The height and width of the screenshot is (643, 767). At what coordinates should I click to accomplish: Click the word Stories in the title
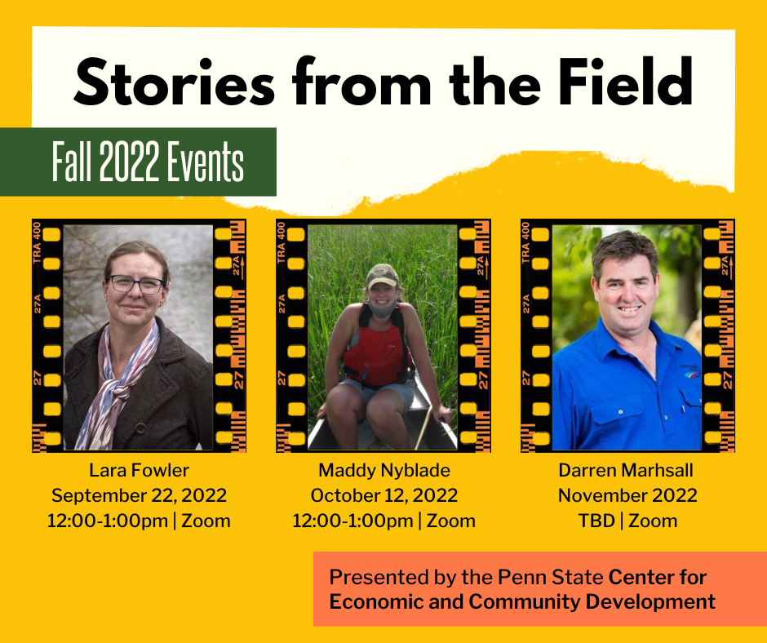point(174,82)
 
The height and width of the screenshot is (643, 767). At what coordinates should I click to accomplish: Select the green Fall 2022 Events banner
point(138,162)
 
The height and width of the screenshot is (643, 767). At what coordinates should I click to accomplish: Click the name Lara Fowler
point(139,470)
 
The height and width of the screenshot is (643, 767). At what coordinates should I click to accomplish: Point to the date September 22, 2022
point(139,495)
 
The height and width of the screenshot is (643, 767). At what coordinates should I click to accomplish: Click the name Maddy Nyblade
point(384,471)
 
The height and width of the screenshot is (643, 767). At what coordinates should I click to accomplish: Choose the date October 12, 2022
point(384,495)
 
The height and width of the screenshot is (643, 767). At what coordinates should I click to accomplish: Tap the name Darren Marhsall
point(626,470)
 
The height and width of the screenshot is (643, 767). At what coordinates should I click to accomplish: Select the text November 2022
point(627,495)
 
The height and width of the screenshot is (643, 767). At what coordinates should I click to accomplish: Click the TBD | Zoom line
point(627,521)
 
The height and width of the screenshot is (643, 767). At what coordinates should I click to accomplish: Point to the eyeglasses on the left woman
point(136,284)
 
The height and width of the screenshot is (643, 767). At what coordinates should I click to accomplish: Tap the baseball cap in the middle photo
point(382,276)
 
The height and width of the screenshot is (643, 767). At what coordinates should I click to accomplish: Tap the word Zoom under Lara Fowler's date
point(206,521)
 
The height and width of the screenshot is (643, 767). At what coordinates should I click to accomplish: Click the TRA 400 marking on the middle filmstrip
point(281,242)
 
